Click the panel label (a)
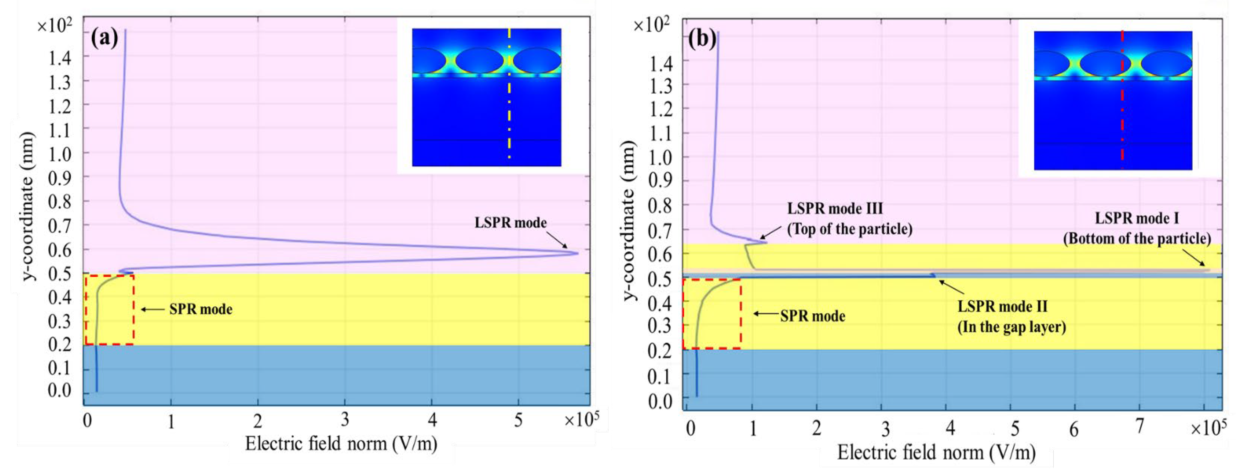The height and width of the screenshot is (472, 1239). [x=104, y=38]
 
